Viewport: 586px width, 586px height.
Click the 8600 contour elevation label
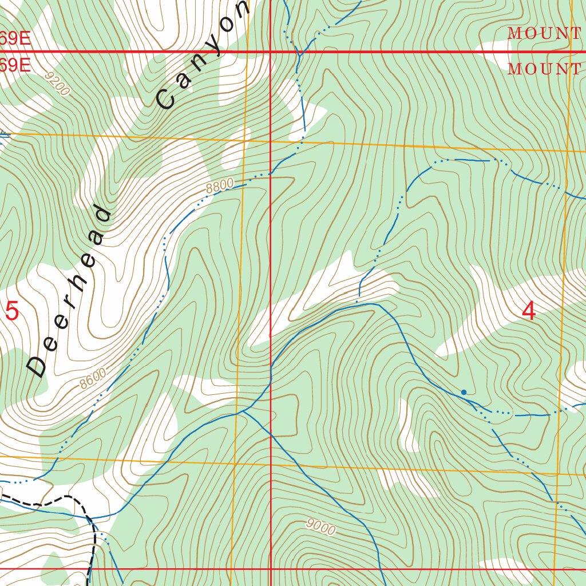pos(93,379)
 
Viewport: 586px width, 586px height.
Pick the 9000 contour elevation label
pos(320,526)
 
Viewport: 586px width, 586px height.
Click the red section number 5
pos(12,312)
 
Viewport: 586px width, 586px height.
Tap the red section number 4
pos(529,311)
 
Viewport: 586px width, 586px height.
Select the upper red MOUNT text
pos(545,34)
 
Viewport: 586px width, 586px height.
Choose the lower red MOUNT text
pos(545,69)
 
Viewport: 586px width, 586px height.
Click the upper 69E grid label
pos(14,39)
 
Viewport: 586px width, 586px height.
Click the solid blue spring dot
pos(464,392)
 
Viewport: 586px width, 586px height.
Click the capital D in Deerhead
pos(38,366)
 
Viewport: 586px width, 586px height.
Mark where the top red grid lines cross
pos(271,52)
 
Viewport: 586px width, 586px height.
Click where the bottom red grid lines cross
pos(271,569)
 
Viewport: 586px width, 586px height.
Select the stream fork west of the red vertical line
pos(243,411)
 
